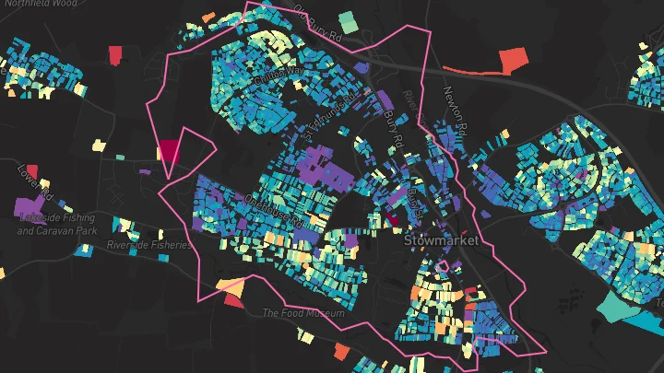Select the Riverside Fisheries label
click(x=149, y=245)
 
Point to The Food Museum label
click(x=303, y=313)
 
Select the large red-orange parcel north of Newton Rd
click(x=511, y=61)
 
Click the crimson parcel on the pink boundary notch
click(x=171, y=150)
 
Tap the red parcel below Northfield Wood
click(x=114, y=55)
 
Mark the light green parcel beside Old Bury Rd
click(x=347, y=20)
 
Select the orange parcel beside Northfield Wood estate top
click(x=208, y=17)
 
